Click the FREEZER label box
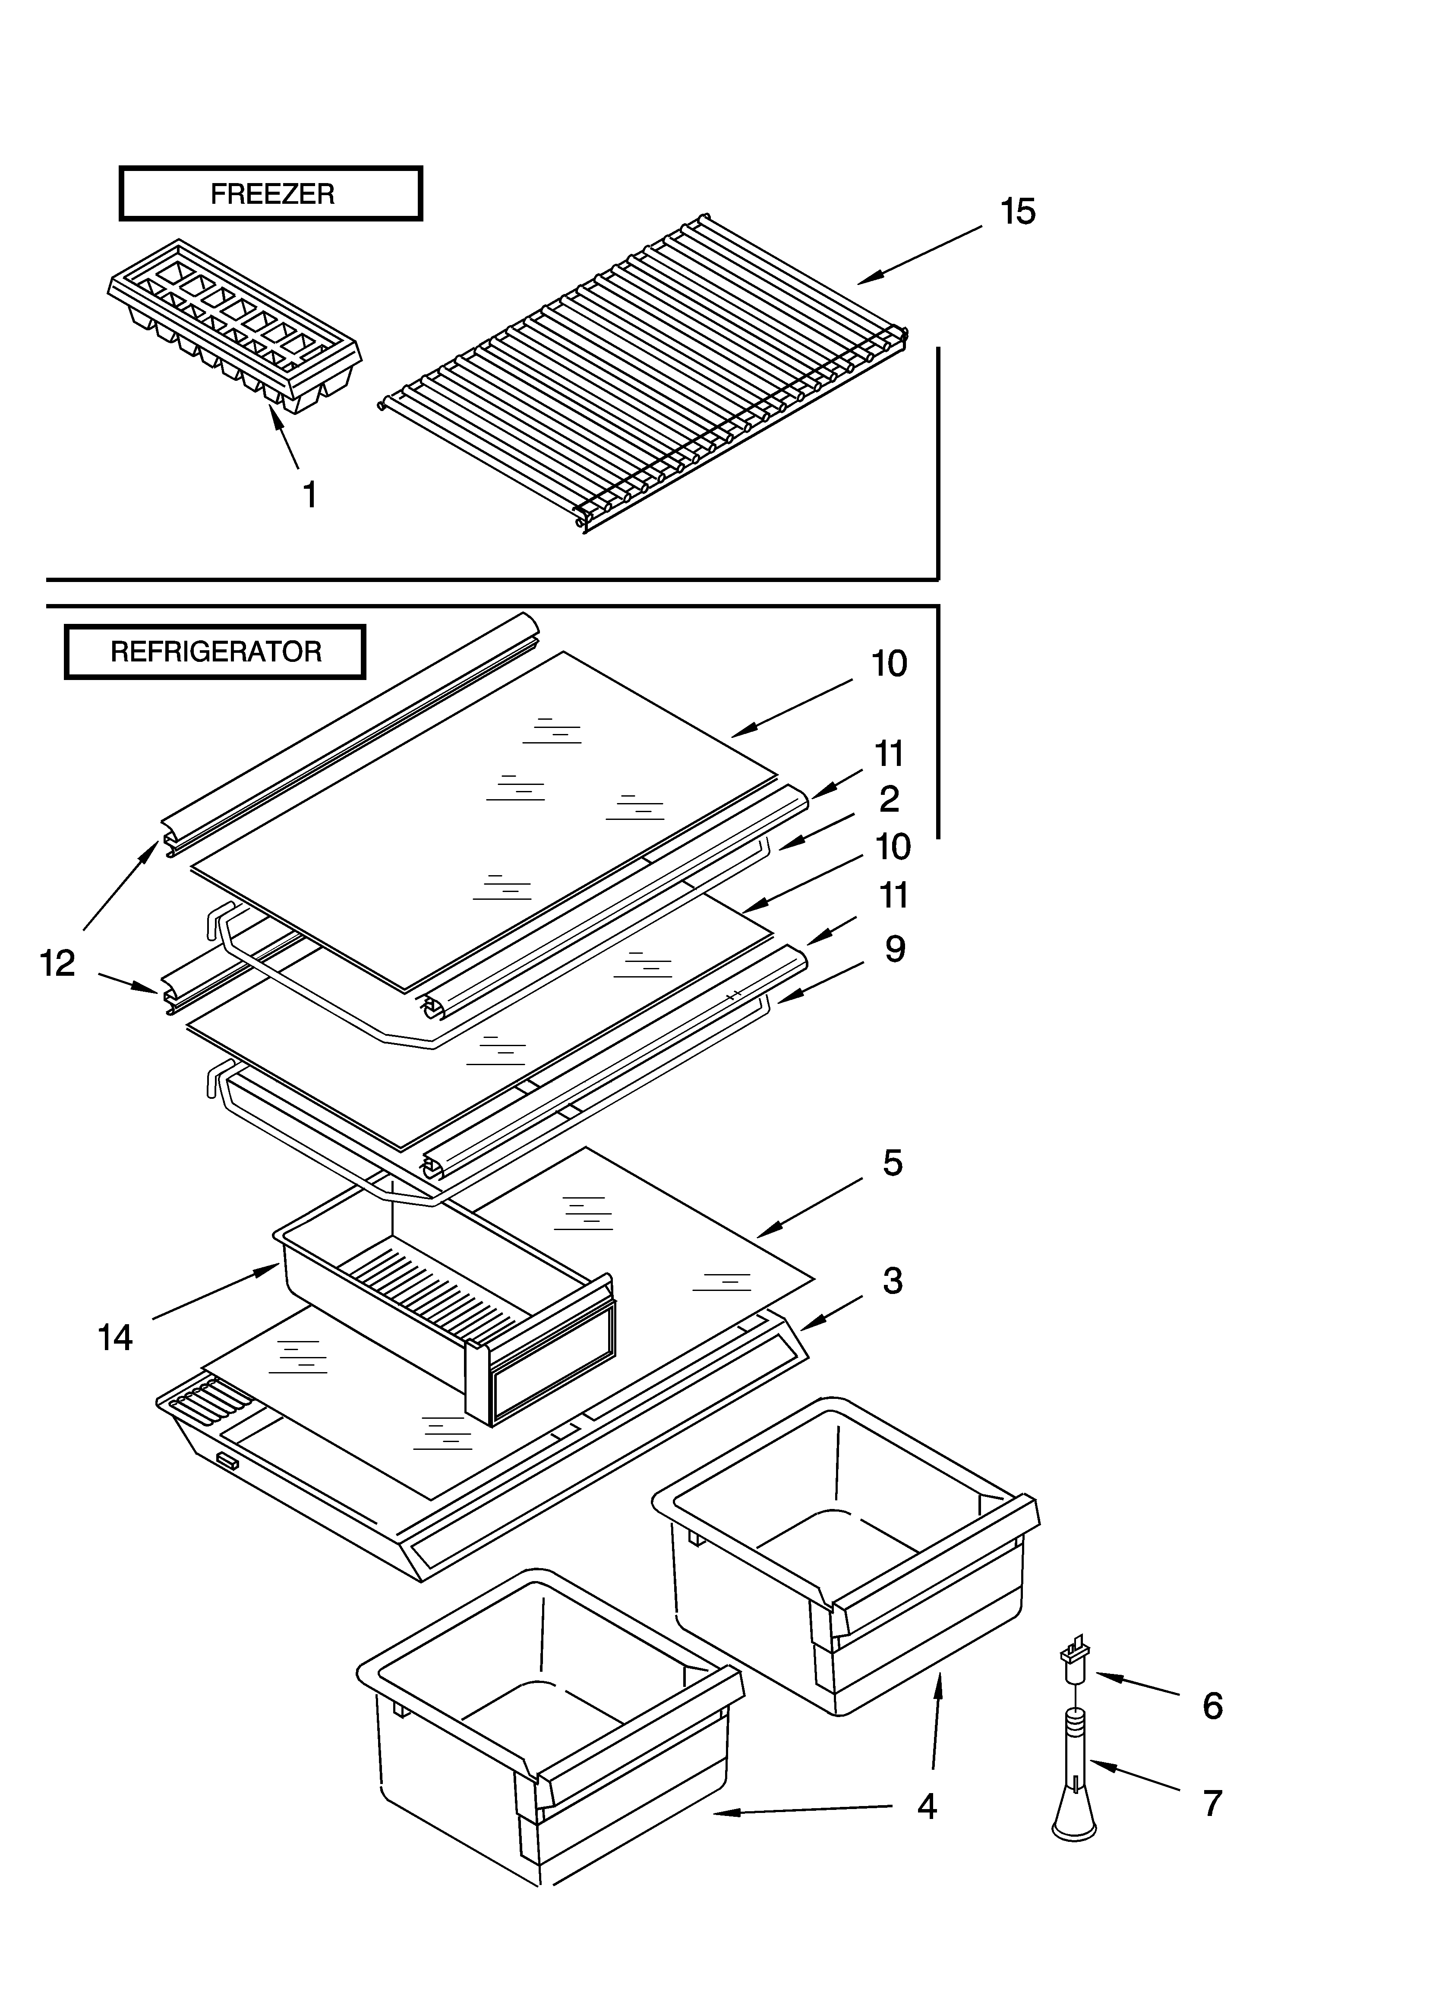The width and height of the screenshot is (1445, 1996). [271, 193]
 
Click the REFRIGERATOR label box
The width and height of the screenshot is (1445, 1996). [216, 652]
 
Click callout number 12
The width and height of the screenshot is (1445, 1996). [58, 964]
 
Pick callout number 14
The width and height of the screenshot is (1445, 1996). [115, 1338]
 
